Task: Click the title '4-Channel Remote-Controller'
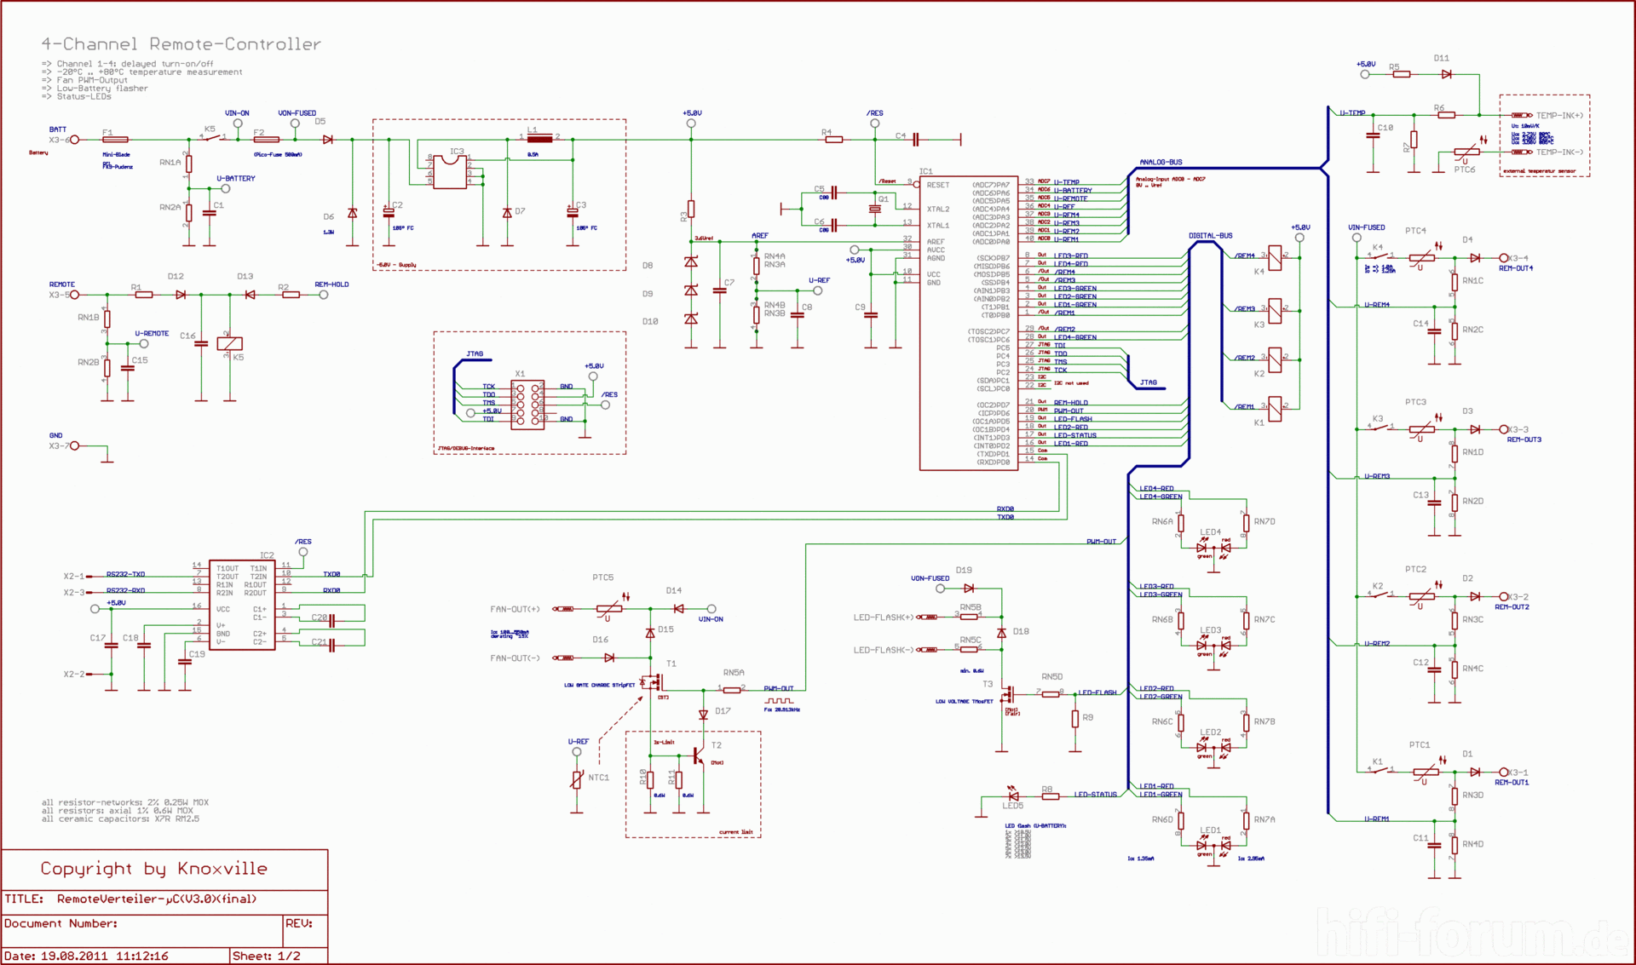181,44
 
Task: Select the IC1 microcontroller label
925,171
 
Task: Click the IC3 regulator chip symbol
449,172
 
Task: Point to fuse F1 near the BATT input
115,139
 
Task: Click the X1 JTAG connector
527,405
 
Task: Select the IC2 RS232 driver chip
242,605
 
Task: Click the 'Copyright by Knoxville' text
153,869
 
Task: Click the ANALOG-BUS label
1161,162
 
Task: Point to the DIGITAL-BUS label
1210,235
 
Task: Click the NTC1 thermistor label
598,778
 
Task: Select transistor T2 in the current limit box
699,755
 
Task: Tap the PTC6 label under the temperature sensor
1464,169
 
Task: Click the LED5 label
1012,806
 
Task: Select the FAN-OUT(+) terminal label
515,609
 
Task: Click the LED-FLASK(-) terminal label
883,650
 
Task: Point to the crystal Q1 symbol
874,209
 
